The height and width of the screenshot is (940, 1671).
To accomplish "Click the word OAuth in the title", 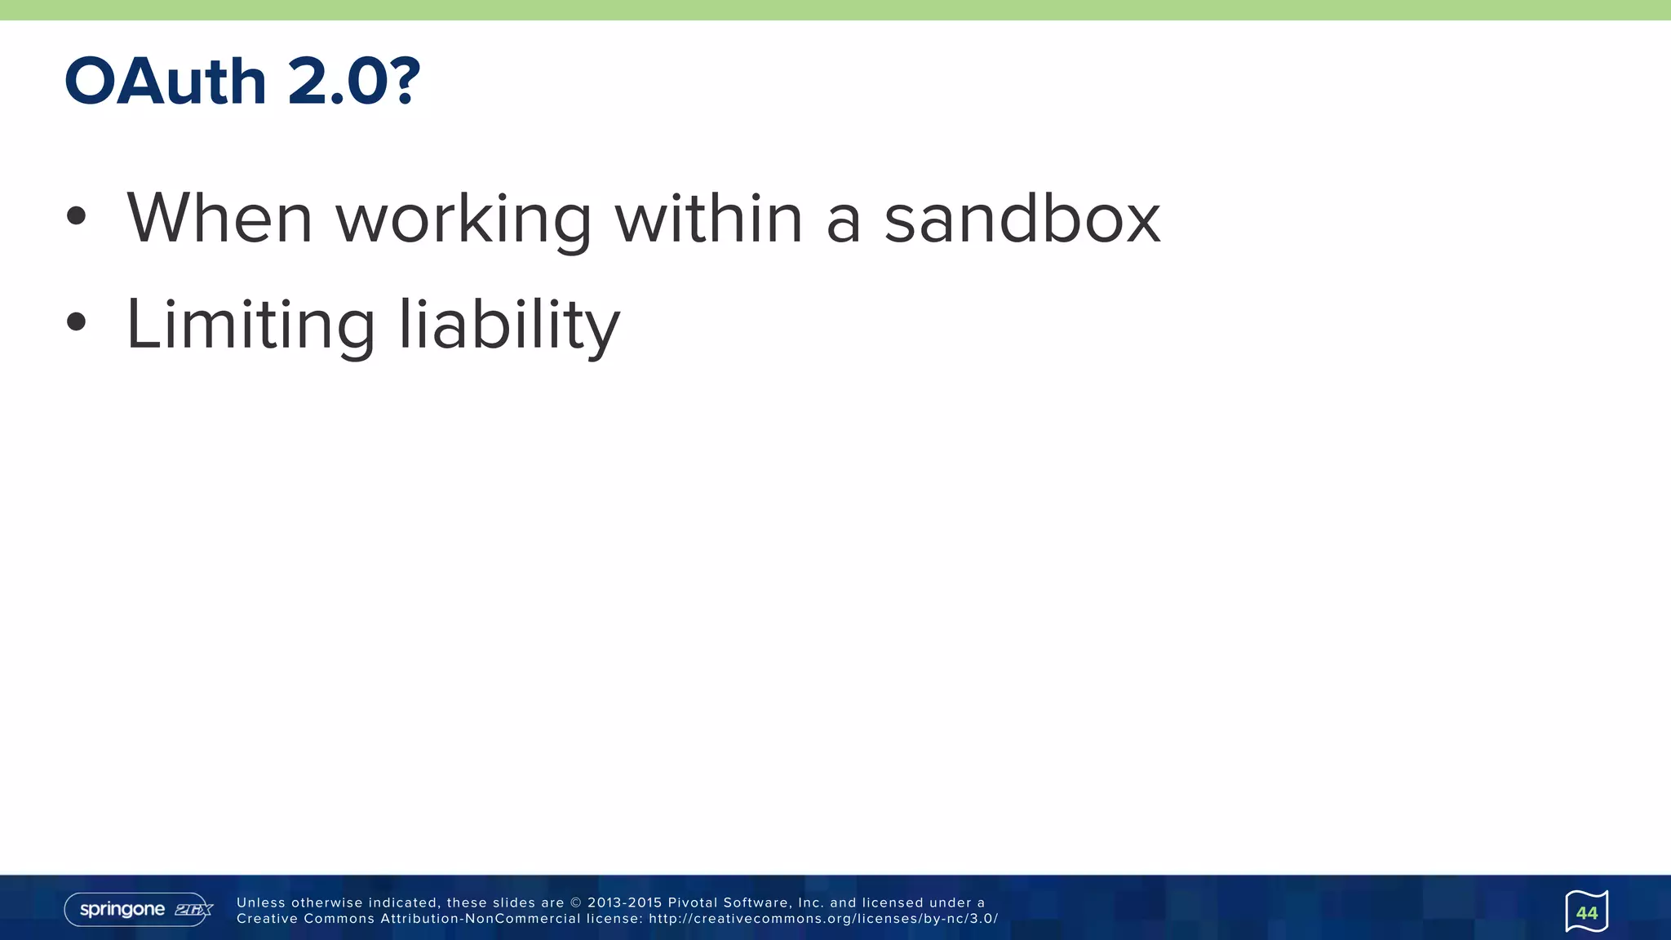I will point(166,82).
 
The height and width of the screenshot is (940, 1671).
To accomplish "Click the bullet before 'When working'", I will point(76,216).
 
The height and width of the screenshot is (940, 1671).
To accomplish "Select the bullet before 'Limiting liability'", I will point(76,321).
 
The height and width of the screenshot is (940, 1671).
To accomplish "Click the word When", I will point(219,218).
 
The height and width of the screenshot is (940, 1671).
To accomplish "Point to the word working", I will point(463,220).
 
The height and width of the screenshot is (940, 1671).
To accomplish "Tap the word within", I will point(708,218).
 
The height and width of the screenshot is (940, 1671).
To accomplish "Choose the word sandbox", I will point(1022,218).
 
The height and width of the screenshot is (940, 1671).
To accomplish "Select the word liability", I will point(509,325).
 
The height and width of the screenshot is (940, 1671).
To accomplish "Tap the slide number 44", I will point(1586,912).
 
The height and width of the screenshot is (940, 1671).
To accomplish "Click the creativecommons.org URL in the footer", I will point(822,919).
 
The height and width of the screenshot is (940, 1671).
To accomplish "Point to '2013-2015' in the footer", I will point(624,902).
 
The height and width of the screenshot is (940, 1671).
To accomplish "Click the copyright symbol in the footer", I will point(575,902).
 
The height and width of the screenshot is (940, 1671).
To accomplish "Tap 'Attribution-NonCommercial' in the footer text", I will point(480,919).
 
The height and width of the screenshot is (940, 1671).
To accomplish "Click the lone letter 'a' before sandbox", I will point(844,220).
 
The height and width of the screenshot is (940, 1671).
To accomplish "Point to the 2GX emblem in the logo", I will point(193,910).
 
